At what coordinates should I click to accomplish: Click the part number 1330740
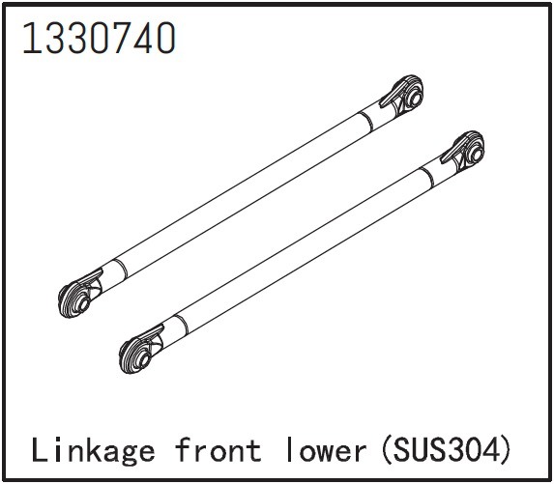98,38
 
